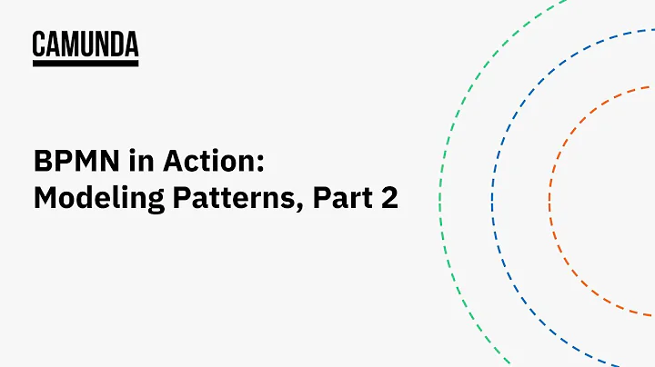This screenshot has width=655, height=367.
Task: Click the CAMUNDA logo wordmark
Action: tap(86, 44)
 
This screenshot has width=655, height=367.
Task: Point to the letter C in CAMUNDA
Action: tap(39, 44)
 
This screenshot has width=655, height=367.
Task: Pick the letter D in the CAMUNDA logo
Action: tap(116, 44)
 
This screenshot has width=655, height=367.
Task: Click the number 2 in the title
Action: tap(389, 199)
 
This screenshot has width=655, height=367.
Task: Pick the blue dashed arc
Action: tap(493, 182)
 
